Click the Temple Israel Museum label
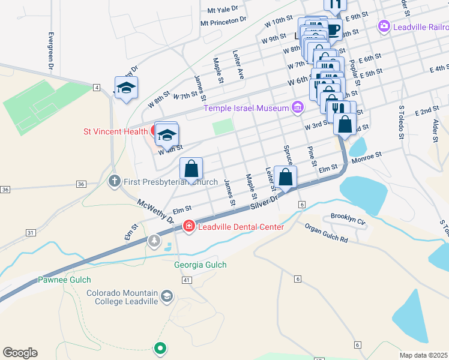pyautogui.click(x=246, y=108)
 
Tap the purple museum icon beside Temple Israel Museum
pyautogui.click(x=297, y=108)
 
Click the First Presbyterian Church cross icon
pyautogui.click(x=115, y=181)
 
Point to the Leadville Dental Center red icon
pyautogui.click(x=188, y=227)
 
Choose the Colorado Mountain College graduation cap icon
pyautogui.click(x=166, y=295)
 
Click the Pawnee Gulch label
pyautogui.click(x=64, y=280)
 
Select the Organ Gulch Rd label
pyautogui.click(x=326, y=233)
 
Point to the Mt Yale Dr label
pyautogui.click(x=223, y=10)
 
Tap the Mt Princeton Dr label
pyautogui.click(x=223, y=22)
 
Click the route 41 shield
pyautogui.click(x=187, y=280)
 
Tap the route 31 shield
pyautogui.click(x=30, y=232)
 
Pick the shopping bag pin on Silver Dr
pyautogui.click(x=285, y=178)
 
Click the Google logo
pyautogui.click(x=20, y=353)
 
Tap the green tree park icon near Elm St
pyautogui.click(x=155, y=241)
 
